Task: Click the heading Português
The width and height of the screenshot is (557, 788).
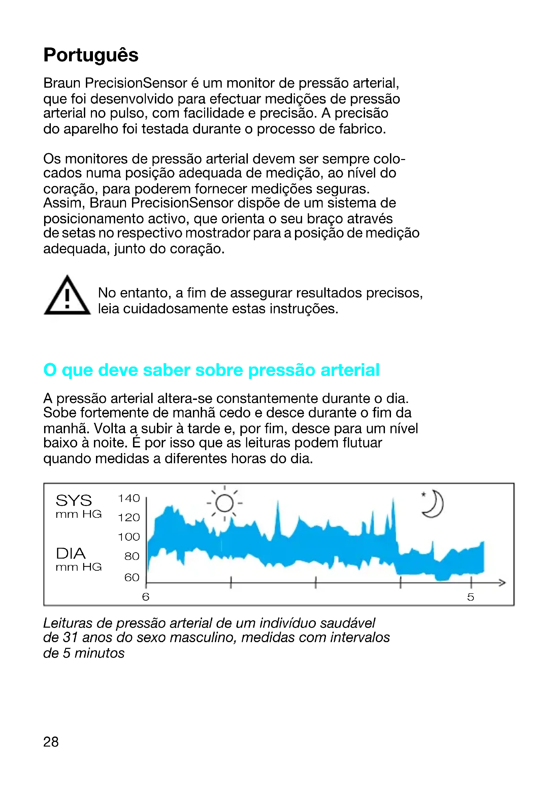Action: pyautogui.click(x=91, y=55)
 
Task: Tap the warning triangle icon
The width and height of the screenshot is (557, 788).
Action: pyautogui.click(x=67, y=296)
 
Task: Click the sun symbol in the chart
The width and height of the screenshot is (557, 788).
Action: pyautogui.click(x=225, y=503)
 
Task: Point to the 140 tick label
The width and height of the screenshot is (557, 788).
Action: pyautogui.click(x=129, y=498)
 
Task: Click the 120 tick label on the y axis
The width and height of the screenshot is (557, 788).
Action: pyautogui.click(x=129, y=517)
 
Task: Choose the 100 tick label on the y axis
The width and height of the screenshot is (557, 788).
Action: pyautogui.click(x=129, y=536)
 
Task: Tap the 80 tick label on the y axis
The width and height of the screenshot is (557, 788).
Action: pyautogui.click(x=132, y=556)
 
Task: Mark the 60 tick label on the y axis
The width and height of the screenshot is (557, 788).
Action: pyautogui.click(x=132, y=577)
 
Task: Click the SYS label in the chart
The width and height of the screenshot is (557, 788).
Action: pyautogui.click(x=74, y=500)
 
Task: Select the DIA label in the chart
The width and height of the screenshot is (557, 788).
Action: pyautogui.click(x=71, y=553)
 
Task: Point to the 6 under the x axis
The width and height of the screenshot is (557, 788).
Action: pyautogui.click(x=146, y=597)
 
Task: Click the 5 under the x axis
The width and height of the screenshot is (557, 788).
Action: pyautogui.click(x=470, y=597)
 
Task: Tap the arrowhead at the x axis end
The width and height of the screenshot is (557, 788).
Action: pyautogui.click(x=502, y=582)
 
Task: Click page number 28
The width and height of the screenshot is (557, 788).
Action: pyautogui.click(x=51, y=742)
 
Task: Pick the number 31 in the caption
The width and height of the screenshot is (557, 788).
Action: pyautogui.click(x=71, y=637)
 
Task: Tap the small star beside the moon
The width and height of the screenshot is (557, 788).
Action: pyautogui.click(x=424, y=495)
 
